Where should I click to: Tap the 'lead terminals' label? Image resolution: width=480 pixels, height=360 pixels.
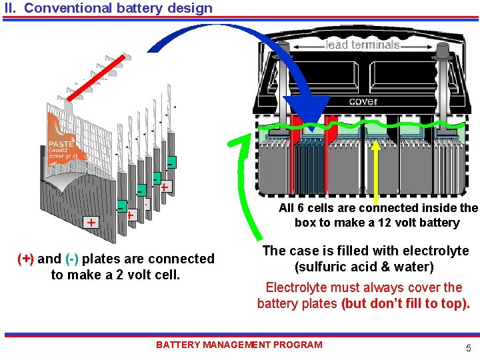point(363,45)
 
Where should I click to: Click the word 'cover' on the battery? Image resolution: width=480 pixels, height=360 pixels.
point(363,101)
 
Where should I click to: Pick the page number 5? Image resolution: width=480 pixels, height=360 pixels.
point(468,347)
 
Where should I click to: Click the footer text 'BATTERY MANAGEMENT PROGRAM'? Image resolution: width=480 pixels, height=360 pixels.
point(239,345)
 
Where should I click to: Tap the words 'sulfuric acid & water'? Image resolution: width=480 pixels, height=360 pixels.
point(364,267)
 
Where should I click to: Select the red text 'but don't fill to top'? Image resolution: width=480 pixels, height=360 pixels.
point(406,304)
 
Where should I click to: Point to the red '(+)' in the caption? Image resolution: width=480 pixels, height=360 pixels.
point(25,259)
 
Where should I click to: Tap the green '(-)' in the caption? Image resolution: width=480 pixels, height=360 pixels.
point(73,259)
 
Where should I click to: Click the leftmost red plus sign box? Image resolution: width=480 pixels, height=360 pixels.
point(89,221)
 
